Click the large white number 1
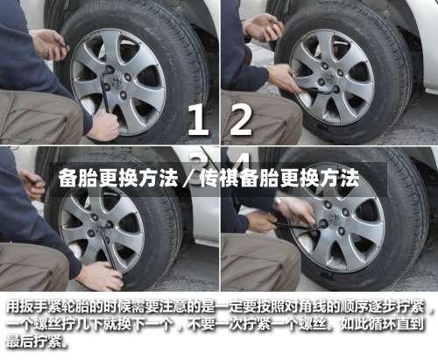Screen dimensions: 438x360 coord(199,120)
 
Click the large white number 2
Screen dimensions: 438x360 coord(241,120)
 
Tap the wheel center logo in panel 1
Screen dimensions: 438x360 coord(117,81)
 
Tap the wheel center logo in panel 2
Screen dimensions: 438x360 coord(331,77)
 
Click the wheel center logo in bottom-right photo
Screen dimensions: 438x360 coord(334,216)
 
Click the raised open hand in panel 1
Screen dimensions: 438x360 coord(50,45)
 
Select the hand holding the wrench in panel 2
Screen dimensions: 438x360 coord(285,78)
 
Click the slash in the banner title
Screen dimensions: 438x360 coord(189,179)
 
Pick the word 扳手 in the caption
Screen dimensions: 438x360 coord(33,307)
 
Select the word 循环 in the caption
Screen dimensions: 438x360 coord(383,324)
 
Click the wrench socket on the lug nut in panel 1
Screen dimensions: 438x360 coord(109,69)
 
